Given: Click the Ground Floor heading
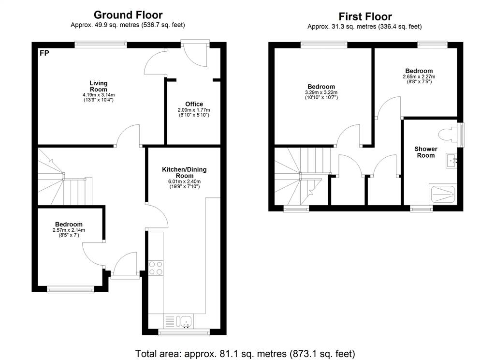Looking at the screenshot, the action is [x=128, y=15].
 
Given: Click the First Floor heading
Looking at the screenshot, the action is [x=365, y=16].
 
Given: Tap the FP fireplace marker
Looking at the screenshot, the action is [x=44, y=53].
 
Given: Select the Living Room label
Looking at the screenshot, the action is [x=99, y=86].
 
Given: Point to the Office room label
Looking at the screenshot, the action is [x=194, y=104].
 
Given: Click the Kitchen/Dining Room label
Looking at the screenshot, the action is [x=184, y=172].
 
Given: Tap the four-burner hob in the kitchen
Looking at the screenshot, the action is [x=156, y=268].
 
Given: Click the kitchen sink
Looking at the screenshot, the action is [x=186, y=321].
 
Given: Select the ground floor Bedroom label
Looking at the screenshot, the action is [x=69, y=225].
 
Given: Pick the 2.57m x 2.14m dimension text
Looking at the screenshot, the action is [x=69, y=230].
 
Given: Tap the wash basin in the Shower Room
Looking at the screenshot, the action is [x=451, y=161].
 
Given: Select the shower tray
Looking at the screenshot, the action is [x=443, y=194].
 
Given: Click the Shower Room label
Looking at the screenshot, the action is [x=426, y=152].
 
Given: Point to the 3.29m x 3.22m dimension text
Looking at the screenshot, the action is [x=321, y=92].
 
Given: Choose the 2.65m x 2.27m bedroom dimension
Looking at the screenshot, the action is [x=419, y=76].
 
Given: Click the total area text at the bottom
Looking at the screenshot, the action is [x=245, y=353].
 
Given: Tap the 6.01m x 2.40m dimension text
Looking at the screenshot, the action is [x=184, y=181].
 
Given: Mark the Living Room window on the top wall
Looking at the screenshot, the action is [x=101, y=45].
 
